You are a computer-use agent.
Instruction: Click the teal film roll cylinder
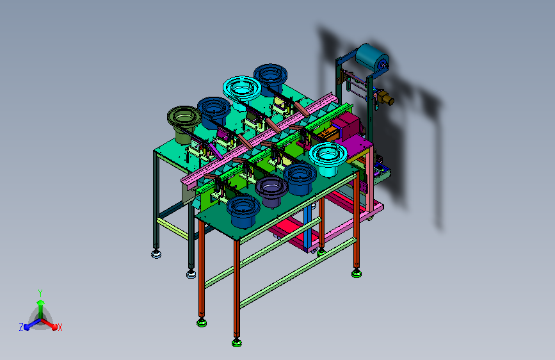click(x=372, y=58)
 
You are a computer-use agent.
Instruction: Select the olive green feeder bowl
click(x=184, y=124)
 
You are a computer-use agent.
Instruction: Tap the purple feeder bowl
click(x=271, y=192)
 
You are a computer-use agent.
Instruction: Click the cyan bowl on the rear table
click(x=242, y=91)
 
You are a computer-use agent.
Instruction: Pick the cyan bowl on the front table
click(x=328, y=159)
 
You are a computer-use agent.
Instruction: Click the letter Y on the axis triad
click(x=40, y=293)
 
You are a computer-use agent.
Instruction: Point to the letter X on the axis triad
click(x=60, y=327)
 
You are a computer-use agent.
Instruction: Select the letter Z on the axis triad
click(x=21, y=327)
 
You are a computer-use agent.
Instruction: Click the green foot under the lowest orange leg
click(x=237, y=342)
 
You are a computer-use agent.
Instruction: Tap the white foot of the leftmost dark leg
click(x=156, y=254)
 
